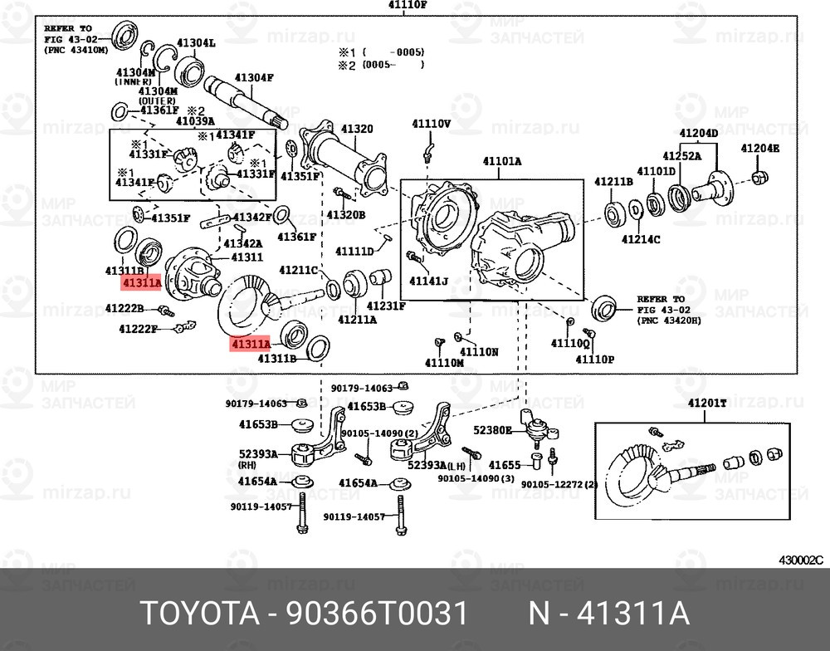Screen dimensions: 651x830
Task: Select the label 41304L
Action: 195,42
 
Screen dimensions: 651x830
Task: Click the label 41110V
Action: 431,124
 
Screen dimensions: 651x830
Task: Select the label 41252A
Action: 681,155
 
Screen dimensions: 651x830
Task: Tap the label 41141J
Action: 428,281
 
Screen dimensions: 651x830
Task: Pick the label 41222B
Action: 124,308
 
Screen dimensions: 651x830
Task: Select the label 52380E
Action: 493,431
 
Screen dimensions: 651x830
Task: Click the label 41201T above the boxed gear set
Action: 706,403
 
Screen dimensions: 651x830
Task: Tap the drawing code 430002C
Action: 799,559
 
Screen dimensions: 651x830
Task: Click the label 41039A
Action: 195,121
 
